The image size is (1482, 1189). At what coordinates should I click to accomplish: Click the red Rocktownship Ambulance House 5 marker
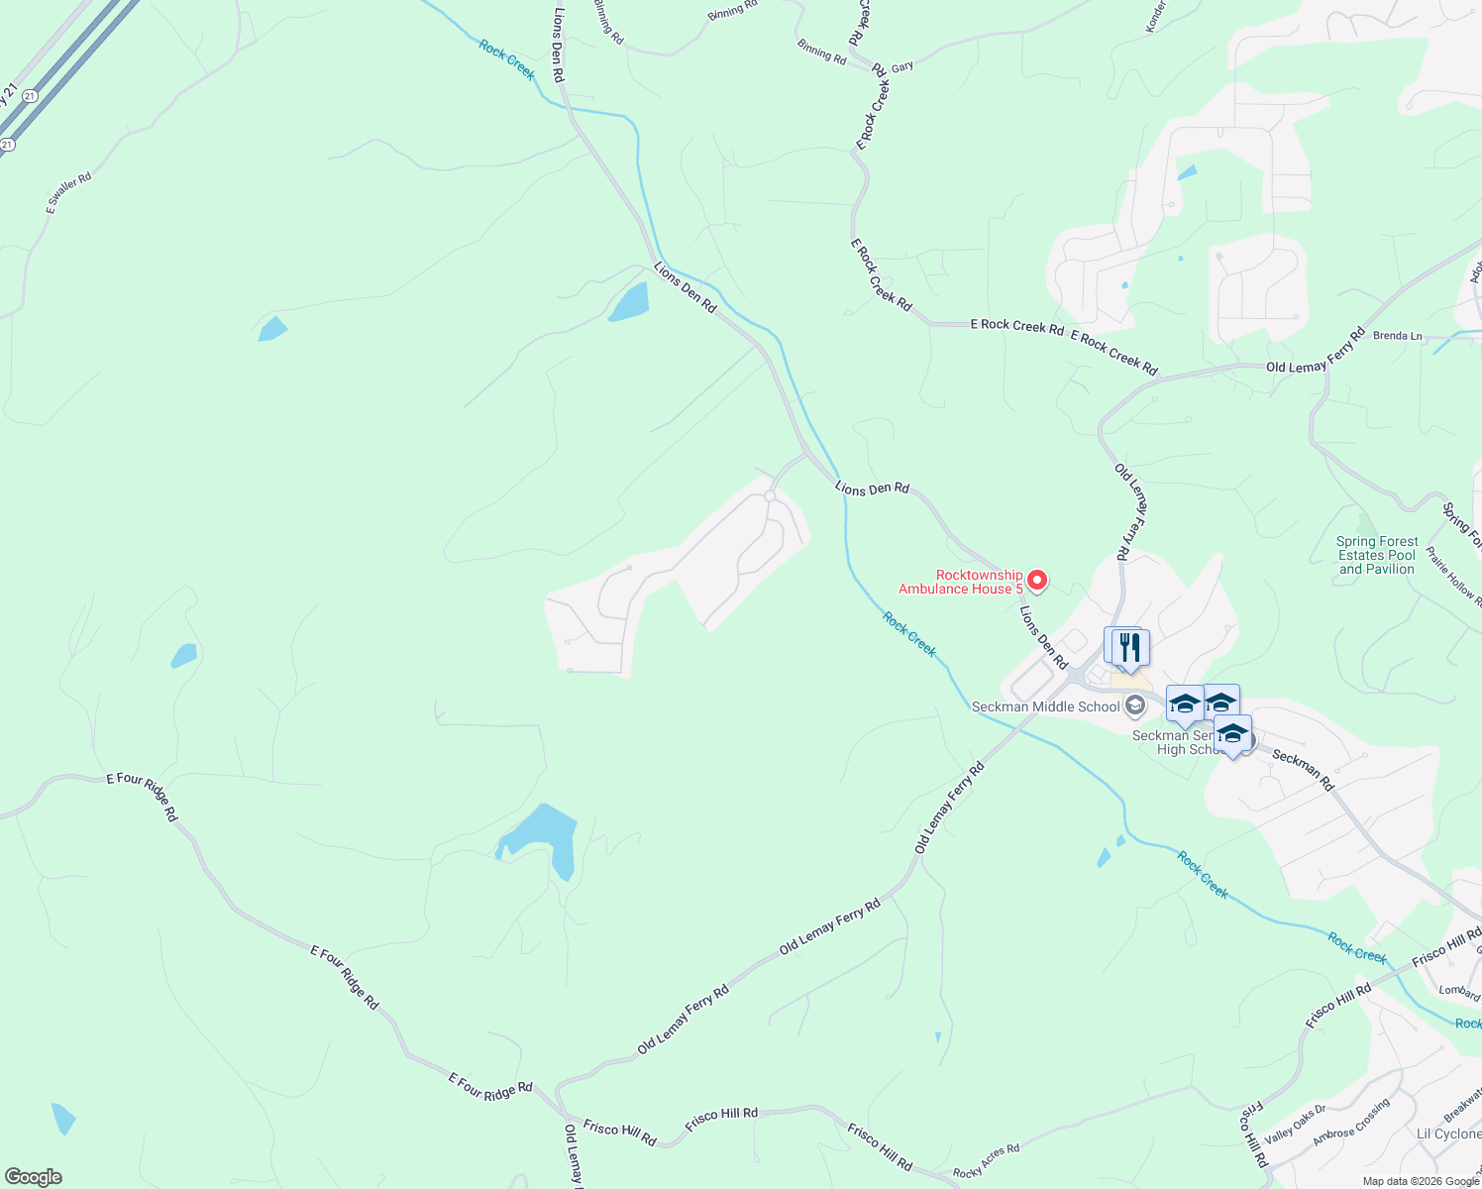1037,579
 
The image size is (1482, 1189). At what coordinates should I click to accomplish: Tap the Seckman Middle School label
1045,706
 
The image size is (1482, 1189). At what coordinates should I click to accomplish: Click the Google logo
33,1177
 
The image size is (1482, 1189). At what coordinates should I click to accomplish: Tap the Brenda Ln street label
1397,336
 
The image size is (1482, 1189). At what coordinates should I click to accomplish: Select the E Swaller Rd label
68,193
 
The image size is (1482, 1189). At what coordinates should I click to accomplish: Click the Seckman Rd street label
1304,770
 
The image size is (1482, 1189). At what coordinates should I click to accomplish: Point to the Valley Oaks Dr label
1295,1123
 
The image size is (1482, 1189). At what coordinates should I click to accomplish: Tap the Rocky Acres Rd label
986,1161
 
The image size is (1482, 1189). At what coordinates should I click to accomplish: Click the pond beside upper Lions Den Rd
629,302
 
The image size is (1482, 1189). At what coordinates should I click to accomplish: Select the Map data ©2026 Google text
1421,1181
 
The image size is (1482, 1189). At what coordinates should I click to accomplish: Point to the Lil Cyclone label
1448,1134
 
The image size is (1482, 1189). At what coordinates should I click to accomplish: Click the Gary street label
901,67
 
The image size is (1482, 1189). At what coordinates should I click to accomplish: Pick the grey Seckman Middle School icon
1135,706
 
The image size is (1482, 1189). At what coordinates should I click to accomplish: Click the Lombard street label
1458,992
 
